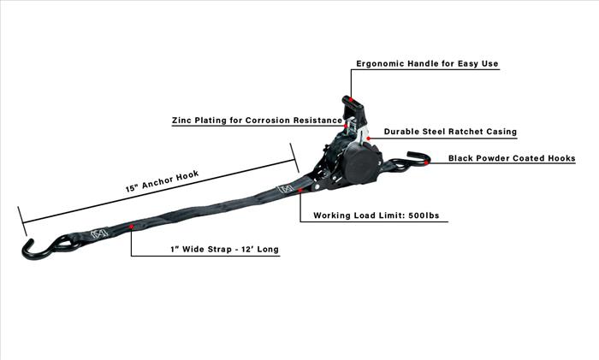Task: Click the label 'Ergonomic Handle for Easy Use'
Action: click(x=427, y=63)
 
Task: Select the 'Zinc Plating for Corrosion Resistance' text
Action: click(x=257, y=121)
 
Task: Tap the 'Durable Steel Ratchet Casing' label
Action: click(x=450, y=132)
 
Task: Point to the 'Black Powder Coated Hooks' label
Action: click(x=512, y=158)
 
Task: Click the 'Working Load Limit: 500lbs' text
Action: click(x=377, y=215)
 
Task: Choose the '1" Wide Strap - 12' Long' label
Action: click(x=224, y=250)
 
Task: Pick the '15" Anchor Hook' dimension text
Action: click(x=163, y=181)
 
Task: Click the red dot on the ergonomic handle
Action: click(x=350, y=100)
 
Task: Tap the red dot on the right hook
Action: click(x=426, y=162)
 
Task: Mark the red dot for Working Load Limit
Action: click(x=300, y=190)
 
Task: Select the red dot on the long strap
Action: click(x=131, y=227)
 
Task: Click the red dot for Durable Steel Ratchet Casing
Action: click(x=368, y=139)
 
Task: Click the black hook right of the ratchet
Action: click(x=410, y=162)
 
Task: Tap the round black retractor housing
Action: click(x=361, y=163)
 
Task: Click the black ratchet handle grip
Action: click(x=354, y=107)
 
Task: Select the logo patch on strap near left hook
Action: click(x=99, y=233)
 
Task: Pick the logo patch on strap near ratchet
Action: click(x=286, y=188)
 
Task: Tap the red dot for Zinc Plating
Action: click(x=346, y=126)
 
